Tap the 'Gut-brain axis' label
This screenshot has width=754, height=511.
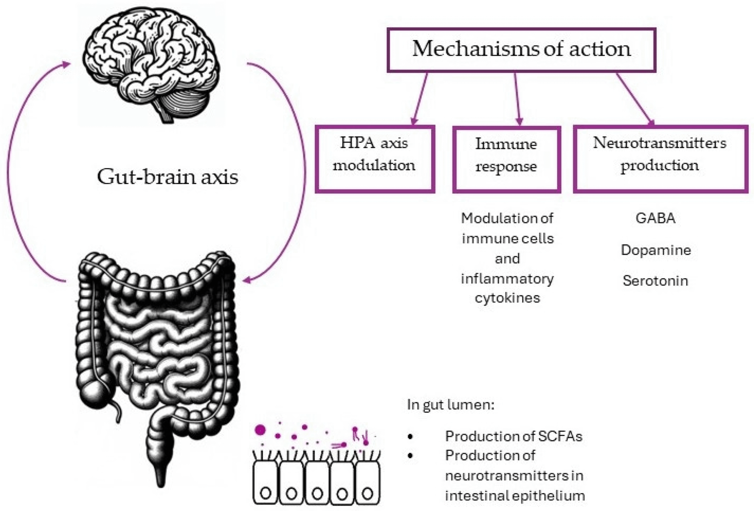tap(167, 177)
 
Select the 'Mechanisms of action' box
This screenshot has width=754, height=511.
tap(521, 49)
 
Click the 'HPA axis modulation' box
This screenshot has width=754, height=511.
tap(374, 158)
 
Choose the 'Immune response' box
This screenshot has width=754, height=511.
tap(506, 159)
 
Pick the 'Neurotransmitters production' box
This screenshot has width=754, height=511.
tap(660, 158)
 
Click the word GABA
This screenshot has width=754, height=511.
tap(655, 218)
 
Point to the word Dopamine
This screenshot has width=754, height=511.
tap(656, 250)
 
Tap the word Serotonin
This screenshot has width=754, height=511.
tap(655, 281)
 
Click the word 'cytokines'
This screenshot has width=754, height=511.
tap(507, 298)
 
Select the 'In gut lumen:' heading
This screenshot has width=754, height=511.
tap(451, 405)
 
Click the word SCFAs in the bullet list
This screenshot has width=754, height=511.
tap(561, 437)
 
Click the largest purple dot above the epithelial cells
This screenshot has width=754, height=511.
tap(260, 429)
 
